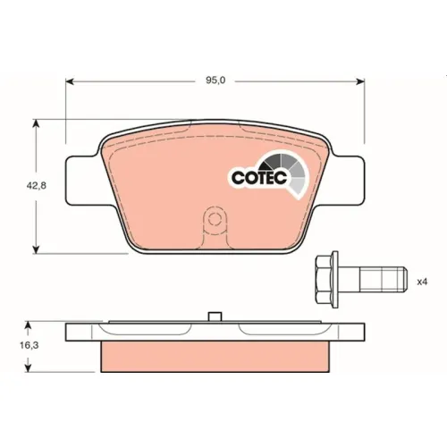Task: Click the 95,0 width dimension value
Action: coord(215,80)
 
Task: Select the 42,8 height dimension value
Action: coord(37,186)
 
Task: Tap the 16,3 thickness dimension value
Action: coord(29,345)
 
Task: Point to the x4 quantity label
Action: coord(422,282)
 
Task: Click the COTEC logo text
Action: coord(259,178)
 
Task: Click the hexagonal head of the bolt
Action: coord(324,279)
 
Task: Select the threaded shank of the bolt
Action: coord(384,280)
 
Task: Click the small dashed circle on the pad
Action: coord(214,220)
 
